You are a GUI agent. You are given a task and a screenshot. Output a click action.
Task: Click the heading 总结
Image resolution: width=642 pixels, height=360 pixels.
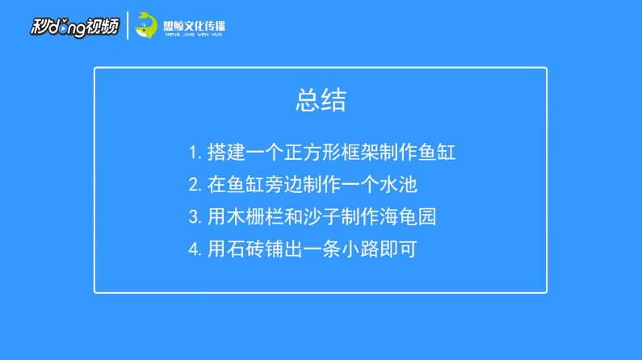tap(321, 100)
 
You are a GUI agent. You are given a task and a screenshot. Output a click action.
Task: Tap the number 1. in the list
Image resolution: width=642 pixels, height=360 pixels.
tap(195, 153)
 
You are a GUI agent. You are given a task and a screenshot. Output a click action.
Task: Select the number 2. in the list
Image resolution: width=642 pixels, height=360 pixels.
tap(195, 185)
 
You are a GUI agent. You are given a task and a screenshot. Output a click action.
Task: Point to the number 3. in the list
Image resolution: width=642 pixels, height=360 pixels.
tap(195, 217)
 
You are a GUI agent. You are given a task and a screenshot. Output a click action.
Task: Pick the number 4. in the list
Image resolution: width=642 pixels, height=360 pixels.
tap(195, 249)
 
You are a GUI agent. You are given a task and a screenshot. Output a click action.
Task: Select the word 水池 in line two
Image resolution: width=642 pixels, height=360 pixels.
tap(398, 185)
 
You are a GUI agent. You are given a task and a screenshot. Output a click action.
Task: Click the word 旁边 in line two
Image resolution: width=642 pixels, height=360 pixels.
tap(283, 185)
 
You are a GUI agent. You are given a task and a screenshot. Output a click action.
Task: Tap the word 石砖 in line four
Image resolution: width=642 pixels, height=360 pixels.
tap(245, 249)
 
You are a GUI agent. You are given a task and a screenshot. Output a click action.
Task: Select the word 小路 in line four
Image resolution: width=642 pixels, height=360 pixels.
tap(360, 249)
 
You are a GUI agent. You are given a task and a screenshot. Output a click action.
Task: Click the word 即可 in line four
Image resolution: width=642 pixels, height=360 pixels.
tap(398, 249)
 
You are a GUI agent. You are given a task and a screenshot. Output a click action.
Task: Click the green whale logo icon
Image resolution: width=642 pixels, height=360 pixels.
tap(146, 25)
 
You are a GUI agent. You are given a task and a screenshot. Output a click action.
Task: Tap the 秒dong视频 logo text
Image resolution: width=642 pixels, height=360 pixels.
tap(74, 27)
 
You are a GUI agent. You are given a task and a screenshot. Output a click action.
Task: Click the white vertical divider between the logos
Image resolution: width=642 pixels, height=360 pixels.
tap(128, 25)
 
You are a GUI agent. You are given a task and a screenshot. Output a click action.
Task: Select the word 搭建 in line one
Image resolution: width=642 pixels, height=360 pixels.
tap(226, 153)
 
